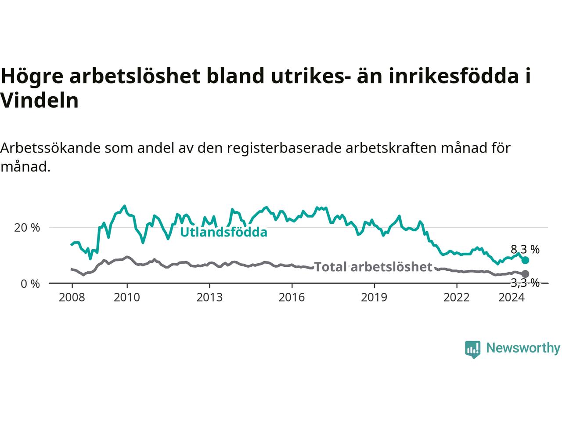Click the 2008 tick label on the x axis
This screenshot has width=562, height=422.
coord(72,298)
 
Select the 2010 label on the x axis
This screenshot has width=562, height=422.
coord(127,298)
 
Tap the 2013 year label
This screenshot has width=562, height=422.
coord(209,298)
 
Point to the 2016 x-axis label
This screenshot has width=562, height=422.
coord(292,298)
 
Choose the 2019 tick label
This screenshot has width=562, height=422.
coord(374,298)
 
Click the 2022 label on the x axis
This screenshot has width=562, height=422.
coord(457,298)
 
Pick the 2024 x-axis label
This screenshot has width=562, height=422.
coord(512,298)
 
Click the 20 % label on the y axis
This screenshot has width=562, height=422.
coord(27,228)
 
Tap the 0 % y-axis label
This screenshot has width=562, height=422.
coord(30,284)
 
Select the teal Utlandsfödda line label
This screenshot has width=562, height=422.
coord(224,233)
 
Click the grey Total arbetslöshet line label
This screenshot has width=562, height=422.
coord(373,267)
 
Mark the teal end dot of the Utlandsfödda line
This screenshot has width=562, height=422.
coord(525,261)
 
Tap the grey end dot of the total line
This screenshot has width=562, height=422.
coord(525,274)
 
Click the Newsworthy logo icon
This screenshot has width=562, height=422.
coord(472,349)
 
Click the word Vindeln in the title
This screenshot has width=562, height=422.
coord(40,100)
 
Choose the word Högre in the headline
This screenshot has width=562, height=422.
coord(32,76)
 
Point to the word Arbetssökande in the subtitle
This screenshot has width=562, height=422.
coord(50,148)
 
